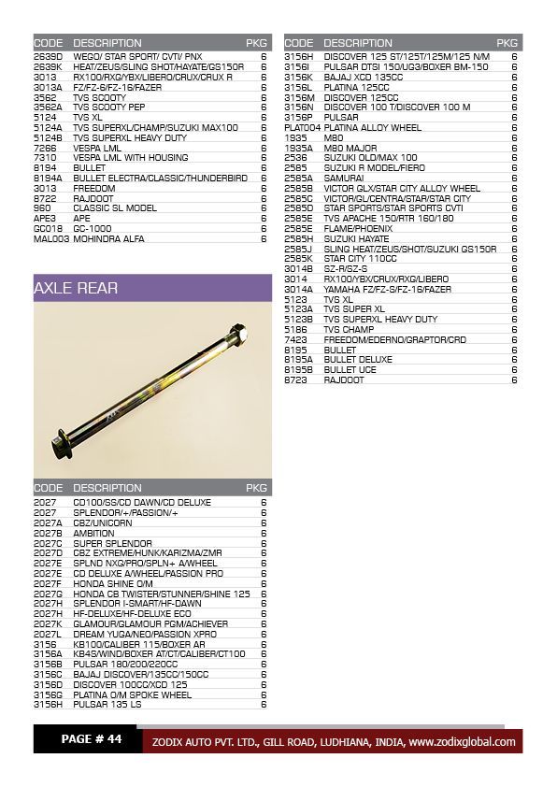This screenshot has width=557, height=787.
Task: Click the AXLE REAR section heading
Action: [x=77, y=288]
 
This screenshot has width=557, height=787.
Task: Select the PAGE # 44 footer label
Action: [x=92, y=739]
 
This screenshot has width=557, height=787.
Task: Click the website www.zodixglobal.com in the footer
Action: [x=462, y=742]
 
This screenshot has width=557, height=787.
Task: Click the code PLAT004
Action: [x=302, y=127]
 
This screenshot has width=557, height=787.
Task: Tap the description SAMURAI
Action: [x=344, y=178]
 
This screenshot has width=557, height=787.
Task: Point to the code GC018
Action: [x=48, y=229]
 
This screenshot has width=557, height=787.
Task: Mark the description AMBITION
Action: [x=93, y=533]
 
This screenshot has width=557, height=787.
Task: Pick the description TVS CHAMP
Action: [x=349, y=330]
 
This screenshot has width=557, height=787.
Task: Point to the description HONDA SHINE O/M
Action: [x=113, y=583]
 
